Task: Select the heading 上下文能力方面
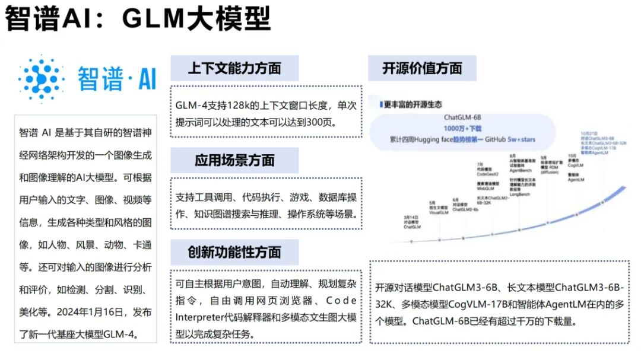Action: (x=234, y=68)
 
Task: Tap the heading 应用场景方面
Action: (x=234, y=160)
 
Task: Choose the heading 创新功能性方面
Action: (x=234, y=251)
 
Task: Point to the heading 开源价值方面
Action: (x=422, y=68)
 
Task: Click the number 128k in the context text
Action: (x=253, y=106)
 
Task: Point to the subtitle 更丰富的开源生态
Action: (x=412, y=104)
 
